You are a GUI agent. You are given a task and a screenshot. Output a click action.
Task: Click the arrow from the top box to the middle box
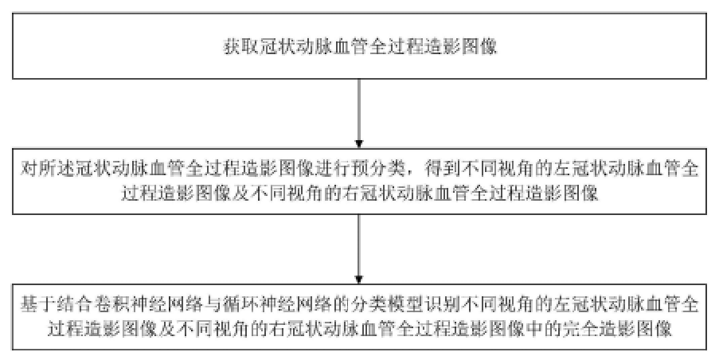click(359, 114)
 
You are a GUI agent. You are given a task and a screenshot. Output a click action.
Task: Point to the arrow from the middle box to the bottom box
click(359, 249)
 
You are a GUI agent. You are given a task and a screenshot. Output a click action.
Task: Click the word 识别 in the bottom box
click(436, 305)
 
